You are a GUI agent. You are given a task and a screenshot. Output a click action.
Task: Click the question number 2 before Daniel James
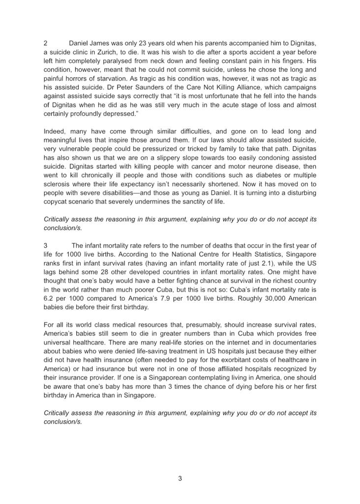click(x=46, y=43)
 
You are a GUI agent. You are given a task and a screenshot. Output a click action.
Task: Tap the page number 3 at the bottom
click(x=180, y=478)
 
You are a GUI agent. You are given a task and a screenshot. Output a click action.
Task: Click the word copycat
click(x=58, y=202)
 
